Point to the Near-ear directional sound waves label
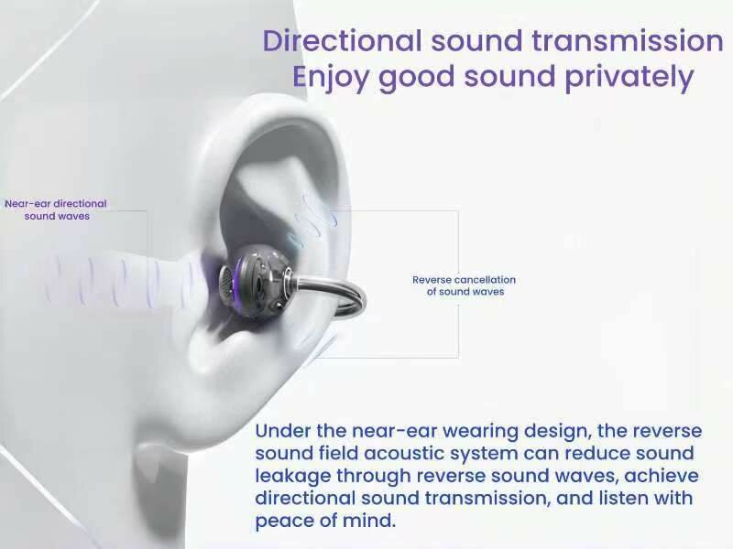(56, 210)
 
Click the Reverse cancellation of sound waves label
(464, 285)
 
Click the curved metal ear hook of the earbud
(344, 293)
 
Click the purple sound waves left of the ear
(119, 274)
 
